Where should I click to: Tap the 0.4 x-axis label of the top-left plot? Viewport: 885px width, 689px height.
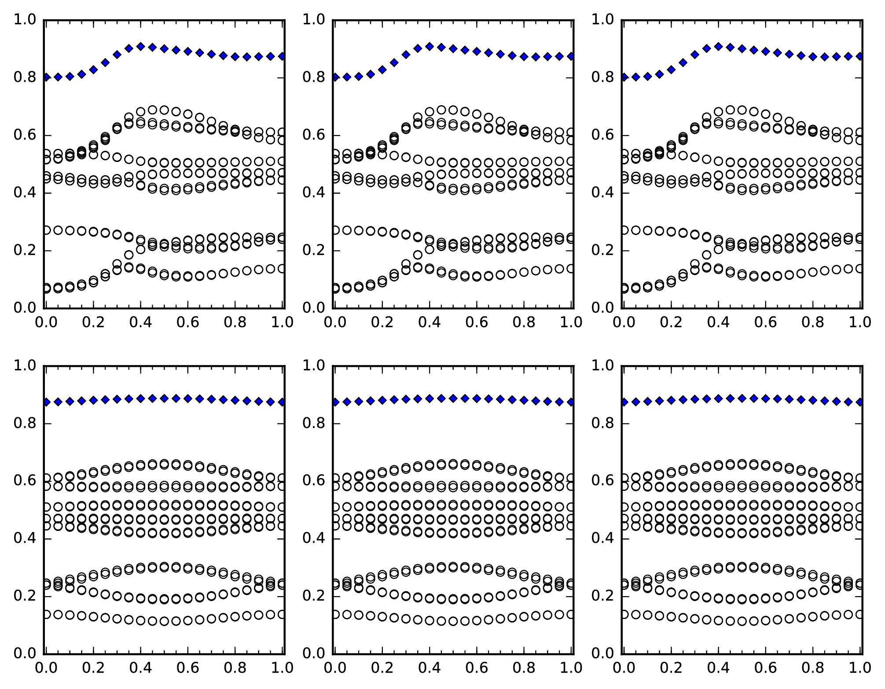140,323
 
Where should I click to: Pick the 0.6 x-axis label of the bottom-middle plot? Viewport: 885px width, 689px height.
477,668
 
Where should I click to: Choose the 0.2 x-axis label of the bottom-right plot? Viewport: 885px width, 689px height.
671,668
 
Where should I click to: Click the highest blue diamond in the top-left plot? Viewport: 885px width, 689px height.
140,46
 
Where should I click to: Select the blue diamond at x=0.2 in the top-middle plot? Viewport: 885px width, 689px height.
382,70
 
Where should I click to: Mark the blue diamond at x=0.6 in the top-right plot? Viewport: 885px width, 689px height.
766,52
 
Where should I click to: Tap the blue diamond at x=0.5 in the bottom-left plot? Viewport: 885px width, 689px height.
164,398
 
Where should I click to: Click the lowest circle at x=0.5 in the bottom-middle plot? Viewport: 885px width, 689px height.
453,621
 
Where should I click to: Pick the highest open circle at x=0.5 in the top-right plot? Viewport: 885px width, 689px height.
742,110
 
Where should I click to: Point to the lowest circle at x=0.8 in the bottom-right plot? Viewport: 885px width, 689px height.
813,616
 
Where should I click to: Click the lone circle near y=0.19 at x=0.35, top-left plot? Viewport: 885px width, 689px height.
129,255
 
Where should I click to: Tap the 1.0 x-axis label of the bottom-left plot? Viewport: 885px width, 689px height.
282,668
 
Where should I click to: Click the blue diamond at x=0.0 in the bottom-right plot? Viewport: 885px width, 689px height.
624,402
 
